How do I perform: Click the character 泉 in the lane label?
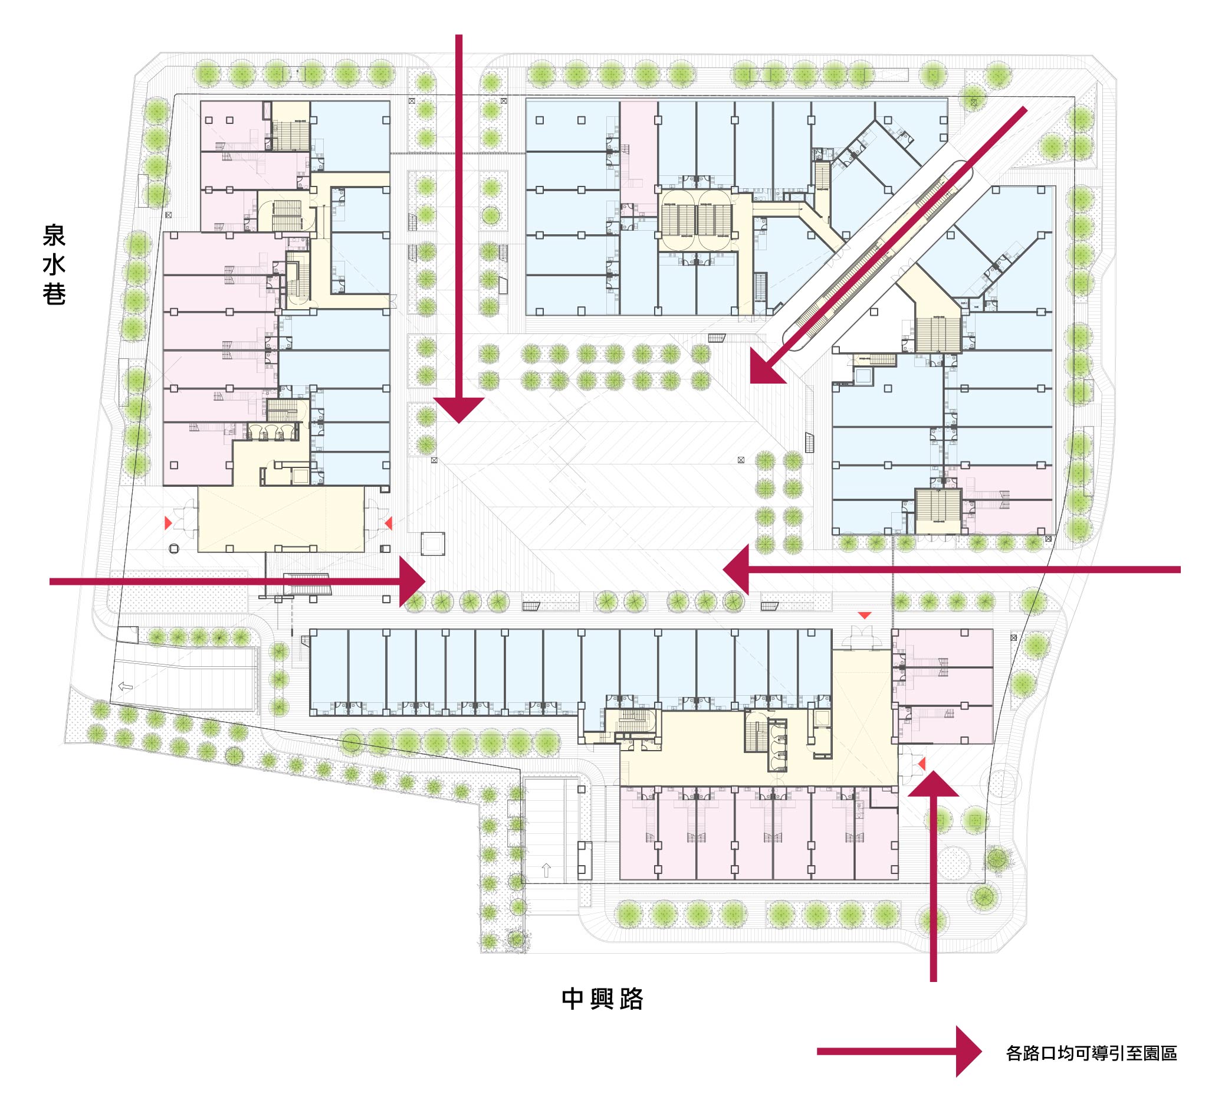[x=54, y=235]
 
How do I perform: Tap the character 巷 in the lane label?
[x=54, y=294]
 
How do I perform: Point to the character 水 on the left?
[x=54, y=265]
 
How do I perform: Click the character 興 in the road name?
[x=602, y=999]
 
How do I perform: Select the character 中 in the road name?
[x=573, y=999]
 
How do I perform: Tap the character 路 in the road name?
[x=632, y=999]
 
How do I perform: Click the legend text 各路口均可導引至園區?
[x=1092, y=1053]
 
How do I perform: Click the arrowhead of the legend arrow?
[x=969, y=1052]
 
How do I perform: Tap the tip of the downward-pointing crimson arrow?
[x=459, y=423]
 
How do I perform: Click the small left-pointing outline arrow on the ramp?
[x=126, y=686]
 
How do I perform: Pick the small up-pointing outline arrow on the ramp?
[x=546, y=870]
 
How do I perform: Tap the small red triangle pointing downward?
[x=865, y=616]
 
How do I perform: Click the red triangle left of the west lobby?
[x=168, y=523]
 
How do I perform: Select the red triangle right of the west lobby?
[x=389, y=523]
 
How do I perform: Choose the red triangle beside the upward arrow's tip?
[x=921, y=764]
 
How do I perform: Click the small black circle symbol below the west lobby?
[x=174, y=549]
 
